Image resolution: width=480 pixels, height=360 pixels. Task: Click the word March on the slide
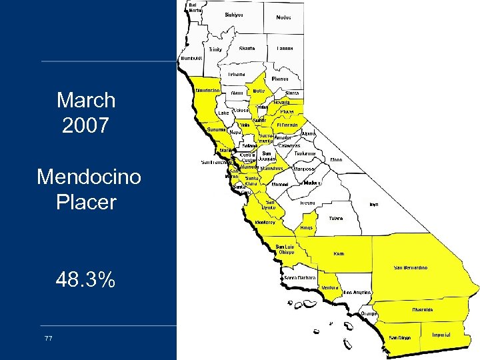[x=86, y=101]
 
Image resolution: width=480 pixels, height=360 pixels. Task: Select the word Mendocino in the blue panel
[x=89, y=177]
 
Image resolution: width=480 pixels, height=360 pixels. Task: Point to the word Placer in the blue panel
[x=86, y=201]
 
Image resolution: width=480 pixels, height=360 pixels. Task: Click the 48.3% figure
[x=86, y=281]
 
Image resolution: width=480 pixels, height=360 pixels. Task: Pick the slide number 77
[x=48, y=339]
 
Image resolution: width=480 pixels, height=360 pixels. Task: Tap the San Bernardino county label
[x=411, y=267]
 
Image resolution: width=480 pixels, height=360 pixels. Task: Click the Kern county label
[x=339, y=253]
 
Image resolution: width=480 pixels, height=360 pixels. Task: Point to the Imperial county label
[x=441, y=334]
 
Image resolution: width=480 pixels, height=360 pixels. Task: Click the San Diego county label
[x=399, y=337]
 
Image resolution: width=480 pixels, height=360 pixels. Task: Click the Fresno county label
[x=307, y=202]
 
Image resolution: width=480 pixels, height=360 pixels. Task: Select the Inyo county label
[x=374, y=205]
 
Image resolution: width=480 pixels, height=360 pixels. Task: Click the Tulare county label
[x=337, y=217]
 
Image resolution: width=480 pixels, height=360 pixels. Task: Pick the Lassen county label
[x=285, y=49]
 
